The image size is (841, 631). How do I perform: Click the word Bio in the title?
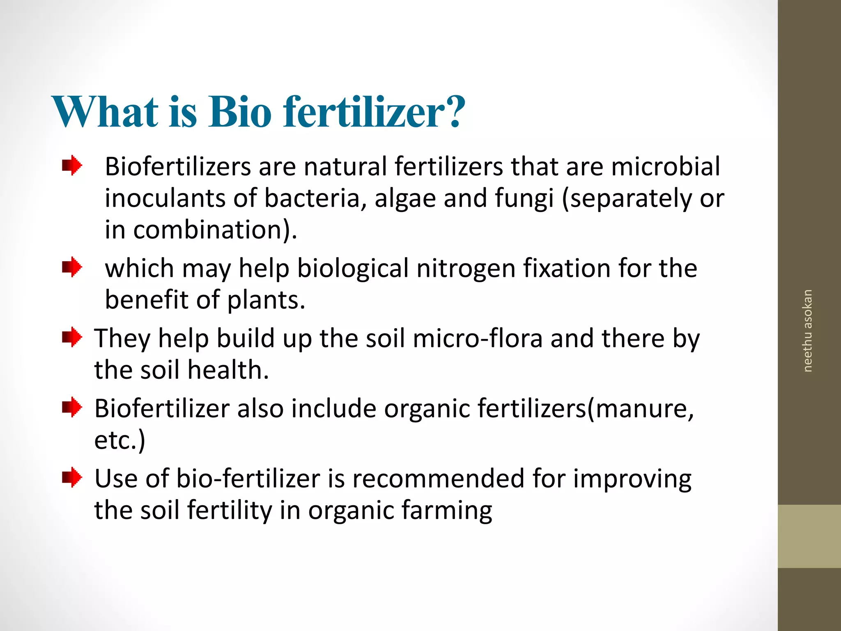(240, 112)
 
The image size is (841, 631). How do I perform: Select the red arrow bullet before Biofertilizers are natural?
(72, 166)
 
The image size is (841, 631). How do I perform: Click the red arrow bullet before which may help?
(72, 267)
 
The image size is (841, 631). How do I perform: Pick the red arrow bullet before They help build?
(72, 337)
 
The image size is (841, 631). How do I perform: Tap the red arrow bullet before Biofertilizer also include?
(72, 407)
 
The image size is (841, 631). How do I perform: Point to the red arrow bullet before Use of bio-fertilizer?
(72, 477)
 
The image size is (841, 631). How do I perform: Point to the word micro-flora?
(478, 339)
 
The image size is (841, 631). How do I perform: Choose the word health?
(228, 370)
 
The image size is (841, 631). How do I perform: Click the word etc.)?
(119, 440)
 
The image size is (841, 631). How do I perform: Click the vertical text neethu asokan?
(807, 331)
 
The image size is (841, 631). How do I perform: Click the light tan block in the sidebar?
(809, 536)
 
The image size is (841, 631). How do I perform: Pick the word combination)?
(215, 230)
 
